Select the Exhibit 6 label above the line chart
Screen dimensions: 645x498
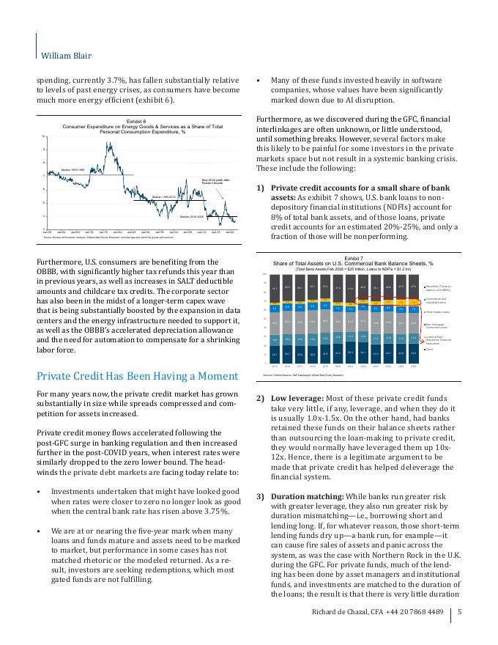(x=136, y=120)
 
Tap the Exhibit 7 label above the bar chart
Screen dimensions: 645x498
(x=353, y=258)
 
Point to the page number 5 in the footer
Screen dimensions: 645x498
(x=459, y=611)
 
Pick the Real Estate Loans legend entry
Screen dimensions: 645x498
(x=436, y=312)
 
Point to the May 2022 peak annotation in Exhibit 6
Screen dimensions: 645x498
(x=217, y=180)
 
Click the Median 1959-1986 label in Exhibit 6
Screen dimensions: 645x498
(x=73, y=169)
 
